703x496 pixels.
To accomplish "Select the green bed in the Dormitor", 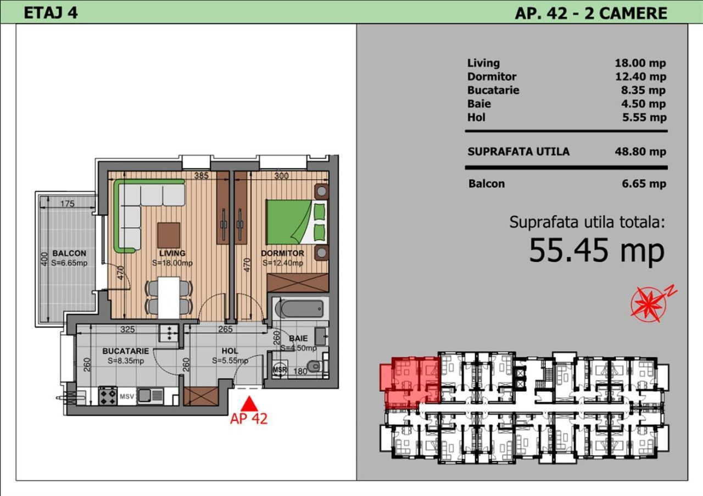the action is point(297,222).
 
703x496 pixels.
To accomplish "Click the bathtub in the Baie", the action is point(300,309).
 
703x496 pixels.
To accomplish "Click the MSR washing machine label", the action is point(280,370).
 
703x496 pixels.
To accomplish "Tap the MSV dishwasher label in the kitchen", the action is point(127,397).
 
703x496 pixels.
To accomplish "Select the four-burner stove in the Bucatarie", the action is point(108,396).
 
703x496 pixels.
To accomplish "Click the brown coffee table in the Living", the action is point(169,235).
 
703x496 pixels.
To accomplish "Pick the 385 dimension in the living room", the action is point(201,176).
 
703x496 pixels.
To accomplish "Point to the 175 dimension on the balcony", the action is point(68,204).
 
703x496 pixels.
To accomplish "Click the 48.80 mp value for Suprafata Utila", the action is point(640,152).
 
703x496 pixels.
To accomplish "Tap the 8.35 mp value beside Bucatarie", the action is point(643,91).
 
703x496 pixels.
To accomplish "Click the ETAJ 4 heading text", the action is point(51,13).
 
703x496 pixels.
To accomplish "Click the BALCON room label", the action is point(69,253).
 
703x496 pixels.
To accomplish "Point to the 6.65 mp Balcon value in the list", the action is point(644,184).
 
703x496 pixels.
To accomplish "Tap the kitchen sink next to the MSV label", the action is point(150,396).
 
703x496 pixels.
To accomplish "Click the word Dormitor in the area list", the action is point(492,76).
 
